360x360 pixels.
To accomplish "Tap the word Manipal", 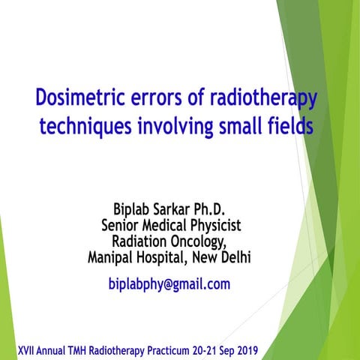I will point(112,258).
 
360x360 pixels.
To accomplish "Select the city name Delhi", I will point(235,258).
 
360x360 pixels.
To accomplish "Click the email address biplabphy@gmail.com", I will point(169,284).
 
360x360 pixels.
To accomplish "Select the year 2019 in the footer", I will point(241,350).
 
